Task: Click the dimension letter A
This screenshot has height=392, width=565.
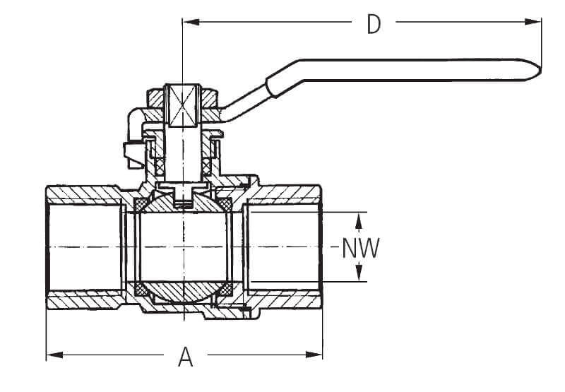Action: point(185,357)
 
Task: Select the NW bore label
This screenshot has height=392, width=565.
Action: point(360,248)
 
